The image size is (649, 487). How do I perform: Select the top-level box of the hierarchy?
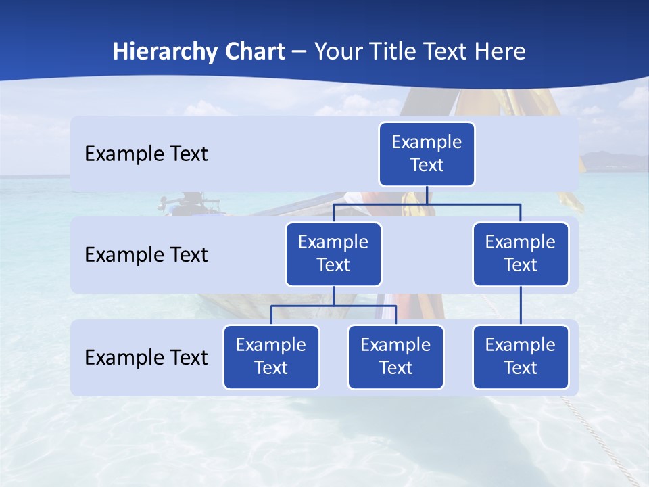point(427,154)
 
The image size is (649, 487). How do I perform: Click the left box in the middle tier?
point(333,254)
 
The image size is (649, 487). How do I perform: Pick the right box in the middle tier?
point(521,254)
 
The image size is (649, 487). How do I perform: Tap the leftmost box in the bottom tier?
point(271,357)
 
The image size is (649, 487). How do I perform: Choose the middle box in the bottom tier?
point(395,357)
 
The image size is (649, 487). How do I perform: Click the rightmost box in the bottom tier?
point(521,357)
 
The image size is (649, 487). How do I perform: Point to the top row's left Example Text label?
point(146,154)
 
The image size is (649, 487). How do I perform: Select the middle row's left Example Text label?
point(146,255)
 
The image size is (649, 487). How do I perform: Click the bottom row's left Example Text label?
point(146,358)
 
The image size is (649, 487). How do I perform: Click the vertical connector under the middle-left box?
point(333,296)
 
